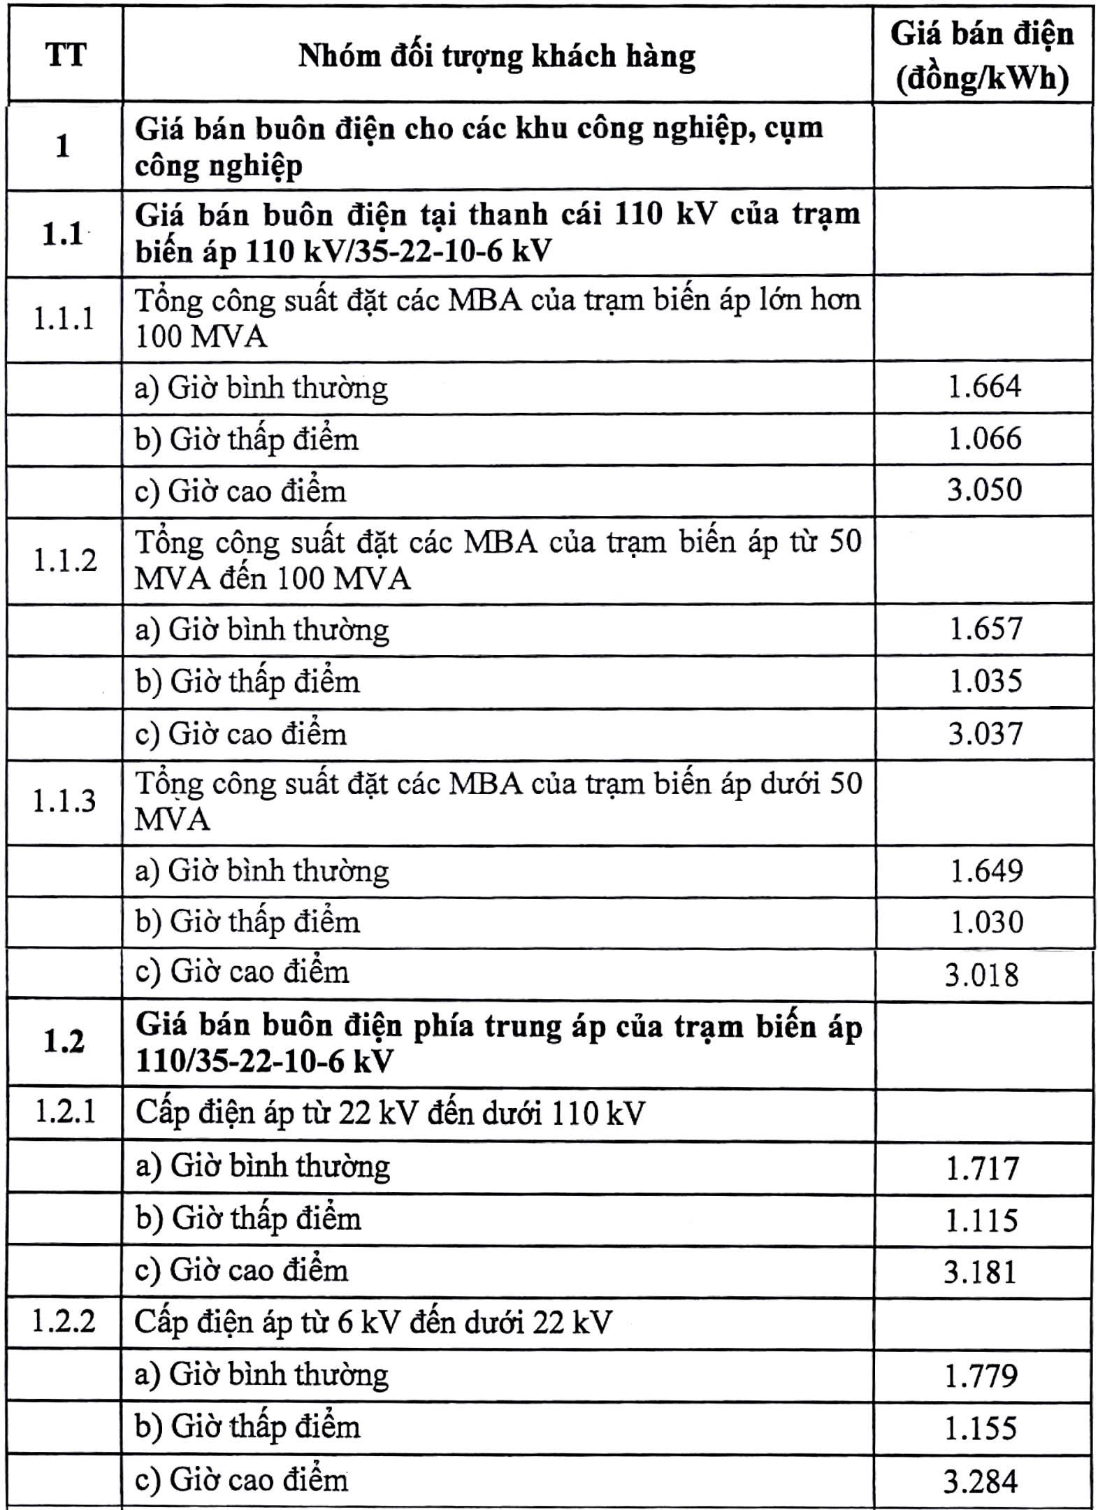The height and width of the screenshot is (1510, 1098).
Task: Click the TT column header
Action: click(x=66, y=55)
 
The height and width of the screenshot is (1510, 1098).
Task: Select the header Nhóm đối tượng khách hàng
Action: click(x=497, y=56)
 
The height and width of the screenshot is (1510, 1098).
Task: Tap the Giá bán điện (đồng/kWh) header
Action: click(x=982, y=56)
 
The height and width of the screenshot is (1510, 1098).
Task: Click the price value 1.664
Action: click(x=984, y=387)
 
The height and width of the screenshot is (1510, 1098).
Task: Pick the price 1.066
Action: click(x=984, y=438)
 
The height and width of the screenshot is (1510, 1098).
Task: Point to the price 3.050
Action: click(x=984, y=489)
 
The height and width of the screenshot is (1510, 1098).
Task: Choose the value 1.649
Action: click(x=986, y=871)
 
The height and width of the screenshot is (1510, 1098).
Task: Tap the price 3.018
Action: click(x=982, y=975)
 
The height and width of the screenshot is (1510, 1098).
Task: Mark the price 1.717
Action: click(x=982, y=1168)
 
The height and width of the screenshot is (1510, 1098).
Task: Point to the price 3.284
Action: click(x=981, y=1481)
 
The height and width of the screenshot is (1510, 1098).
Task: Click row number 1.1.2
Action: click(x=65, y=560)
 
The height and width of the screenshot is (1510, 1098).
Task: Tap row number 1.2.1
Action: click(x=65, y=1112)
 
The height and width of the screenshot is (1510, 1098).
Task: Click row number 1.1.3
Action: click(x=64, y=801)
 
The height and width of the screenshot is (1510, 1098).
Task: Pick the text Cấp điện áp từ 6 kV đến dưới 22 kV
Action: click(x=373, y=1323)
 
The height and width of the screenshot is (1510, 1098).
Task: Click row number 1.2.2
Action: click(x=64, y=1322)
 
